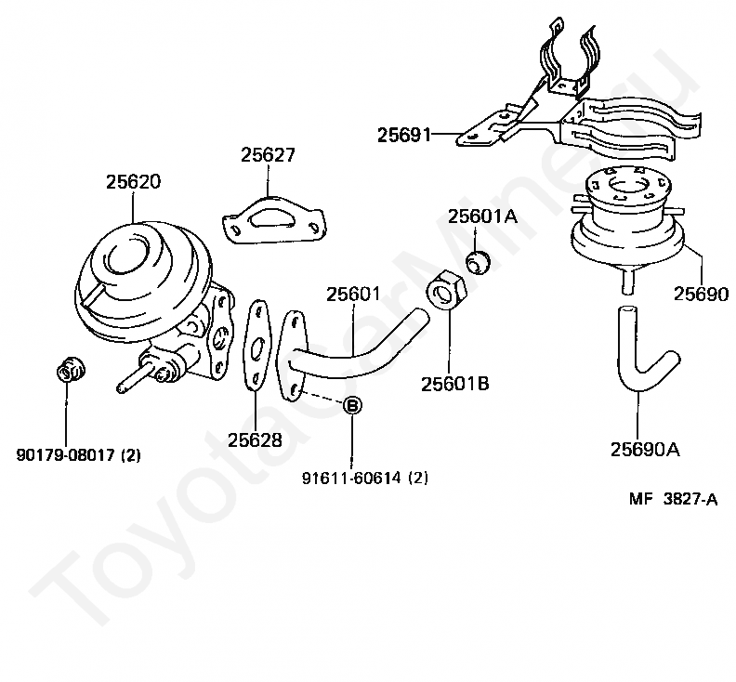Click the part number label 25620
[x=132, y=182]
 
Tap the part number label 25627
[x=268, y=155]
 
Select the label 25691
[x=404, y=136]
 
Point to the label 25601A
[x=482, y=216]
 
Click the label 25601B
[x=454, y=384]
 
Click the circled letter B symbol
[x=353, y=406]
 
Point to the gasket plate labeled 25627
[x=273, y=221]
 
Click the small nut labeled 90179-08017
[x=69, y=371]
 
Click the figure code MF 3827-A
[x=673, y=499]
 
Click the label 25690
[x=702, y=295]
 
